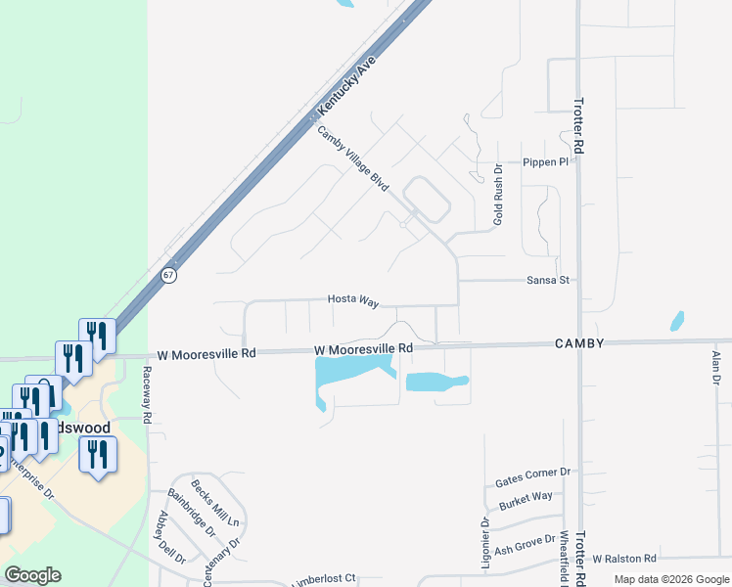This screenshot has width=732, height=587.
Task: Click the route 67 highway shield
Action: pos(169,275)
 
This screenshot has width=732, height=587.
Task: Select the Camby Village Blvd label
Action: pos(353,159)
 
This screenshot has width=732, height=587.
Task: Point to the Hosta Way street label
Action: pos(352,301)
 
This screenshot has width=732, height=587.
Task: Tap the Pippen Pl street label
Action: pos(545,162)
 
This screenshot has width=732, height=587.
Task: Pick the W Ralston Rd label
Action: pos(623,559)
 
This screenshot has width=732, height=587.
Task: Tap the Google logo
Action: pos(32,574)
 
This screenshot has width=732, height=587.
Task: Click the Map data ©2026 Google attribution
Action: pos(670,579)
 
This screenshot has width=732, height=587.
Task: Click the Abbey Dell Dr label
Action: pos(170,538)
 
